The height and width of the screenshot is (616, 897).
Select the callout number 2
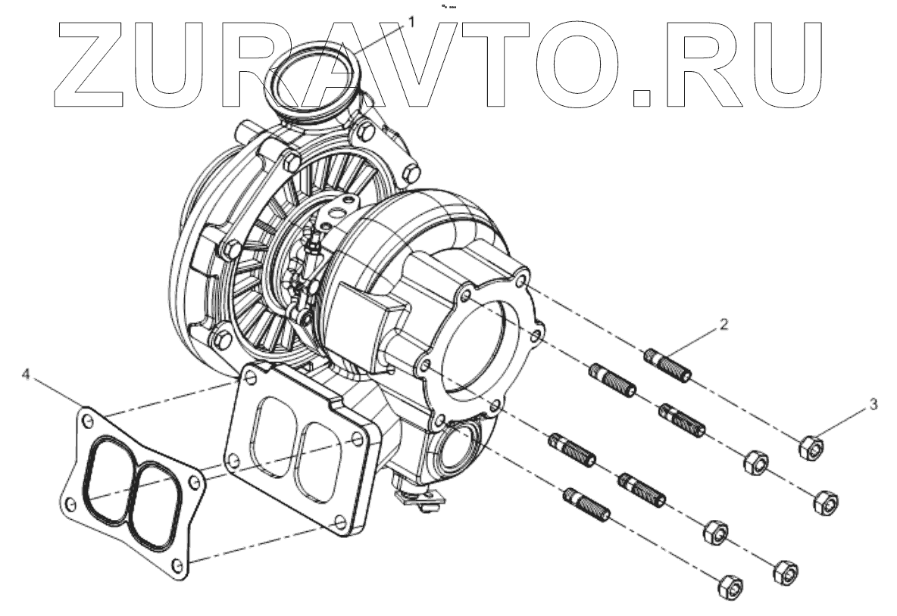click(x=724, y=325)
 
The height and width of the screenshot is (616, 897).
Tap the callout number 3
click(x=874, y=405)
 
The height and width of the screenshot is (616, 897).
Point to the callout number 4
click(x=27, y=374)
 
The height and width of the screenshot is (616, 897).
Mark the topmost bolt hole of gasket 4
click(x=89, y=417)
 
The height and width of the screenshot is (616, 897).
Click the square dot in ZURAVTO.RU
click(x=643, y=97)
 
